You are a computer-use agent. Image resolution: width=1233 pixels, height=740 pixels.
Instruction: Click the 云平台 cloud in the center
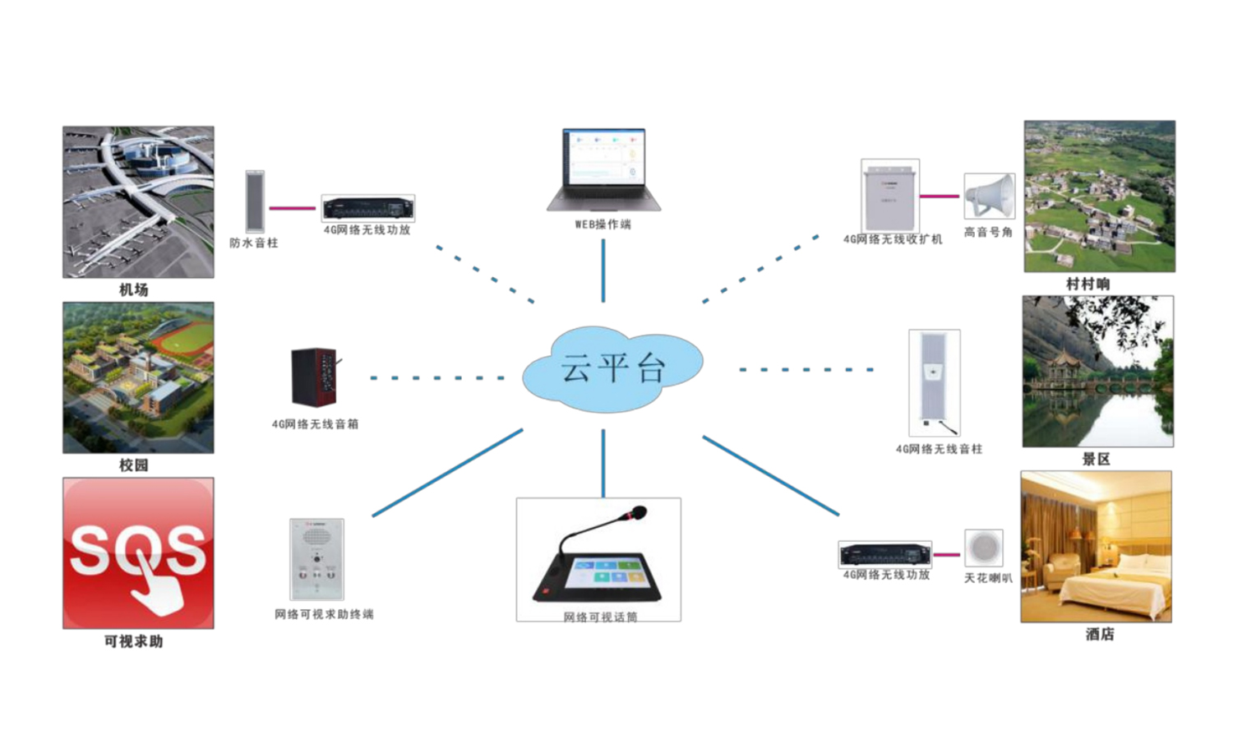coord(612,368)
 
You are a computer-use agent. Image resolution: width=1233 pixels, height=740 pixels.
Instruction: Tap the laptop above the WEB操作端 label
coord(604,169)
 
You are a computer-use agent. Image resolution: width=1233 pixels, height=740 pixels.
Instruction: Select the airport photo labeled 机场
coord(138,201)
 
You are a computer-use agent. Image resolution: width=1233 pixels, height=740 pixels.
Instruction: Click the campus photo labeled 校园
coord(138,377)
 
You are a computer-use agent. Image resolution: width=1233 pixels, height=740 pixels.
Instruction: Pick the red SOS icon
coord(138,553)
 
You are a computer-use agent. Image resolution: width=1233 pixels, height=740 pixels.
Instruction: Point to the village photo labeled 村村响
coord(1099,197)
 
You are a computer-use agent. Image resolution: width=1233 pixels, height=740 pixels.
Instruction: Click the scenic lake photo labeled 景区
coord(1097,372)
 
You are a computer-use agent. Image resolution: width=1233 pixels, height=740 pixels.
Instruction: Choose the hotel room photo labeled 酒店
coord(1096,547)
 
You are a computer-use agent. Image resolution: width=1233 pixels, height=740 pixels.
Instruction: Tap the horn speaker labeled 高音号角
coord(989,197)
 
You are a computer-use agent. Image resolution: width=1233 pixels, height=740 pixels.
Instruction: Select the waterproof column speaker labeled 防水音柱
coord(255,201)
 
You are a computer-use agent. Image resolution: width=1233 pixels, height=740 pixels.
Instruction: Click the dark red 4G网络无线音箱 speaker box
coord(314,377)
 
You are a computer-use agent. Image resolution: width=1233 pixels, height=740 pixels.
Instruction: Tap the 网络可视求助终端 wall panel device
coord(316,559)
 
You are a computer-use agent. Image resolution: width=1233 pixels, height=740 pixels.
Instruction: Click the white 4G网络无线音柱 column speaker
coord(934,382)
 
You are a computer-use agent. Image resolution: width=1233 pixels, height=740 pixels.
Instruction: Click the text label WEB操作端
coord(603,224)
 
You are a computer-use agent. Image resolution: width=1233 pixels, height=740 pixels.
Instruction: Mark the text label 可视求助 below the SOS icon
coord(133,641)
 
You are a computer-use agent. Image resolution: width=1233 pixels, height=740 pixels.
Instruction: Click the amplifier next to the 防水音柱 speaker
coord(367,208)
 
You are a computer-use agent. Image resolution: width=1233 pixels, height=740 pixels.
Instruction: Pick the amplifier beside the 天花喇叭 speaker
coord(884,554)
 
